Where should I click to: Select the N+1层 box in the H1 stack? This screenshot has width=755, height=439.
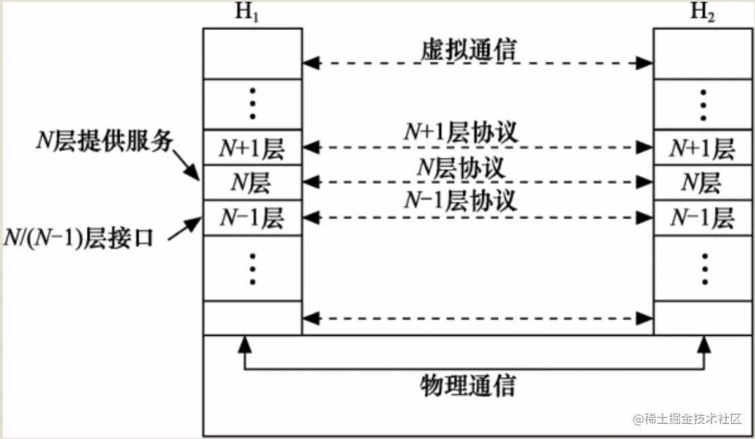[252, 147]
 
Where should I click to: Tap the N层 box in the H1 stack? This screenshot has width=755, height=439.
[252, 182]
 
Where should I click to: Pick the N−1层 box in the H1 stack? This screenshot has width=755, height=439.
[252, 217]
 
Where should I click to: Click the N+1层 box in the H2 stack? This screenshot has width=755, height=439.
[703, 147]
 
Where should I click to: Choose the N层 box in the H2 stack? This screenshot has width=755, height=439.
[703, 182]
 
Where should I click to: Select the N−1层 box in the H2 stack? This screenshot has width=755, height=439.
[703, 217]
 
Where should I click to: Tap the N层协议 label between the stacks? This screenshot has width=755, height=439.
[461, 167]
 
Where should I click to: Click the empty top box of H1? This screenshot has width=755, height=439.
[252, 53]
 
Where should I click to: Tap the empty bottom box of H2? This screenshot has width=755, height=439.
[703, 317]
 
